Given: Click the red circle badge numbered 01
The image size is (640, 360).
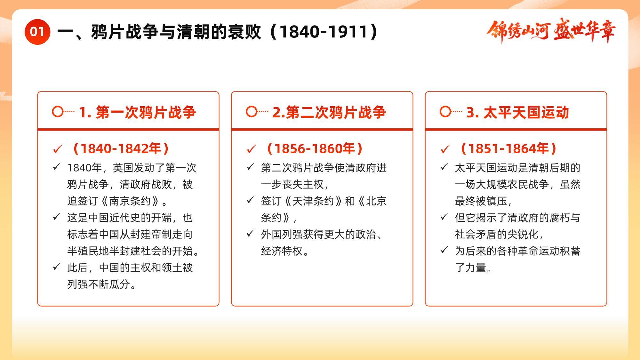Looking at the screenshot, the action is (x=37, y=32).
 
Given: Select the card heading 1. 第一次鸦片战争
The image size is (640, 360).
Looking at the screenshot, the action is (x=137, y=112).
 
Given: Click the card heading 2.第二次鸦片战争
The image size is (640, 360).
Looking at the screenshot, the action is (x=329, y=112).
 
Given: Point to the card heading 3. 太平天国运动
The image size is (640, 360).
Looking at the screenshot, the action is (x=517, y=112).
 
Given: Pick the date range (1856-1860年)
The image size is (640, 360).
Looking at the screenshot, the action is (x=315, y=148).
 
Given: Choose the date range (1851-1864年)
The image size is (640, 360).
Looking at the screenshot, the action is (x=508, y=148).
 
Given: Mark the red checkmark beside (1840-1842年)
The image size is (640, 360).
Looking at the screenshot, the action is (x=58, y=149).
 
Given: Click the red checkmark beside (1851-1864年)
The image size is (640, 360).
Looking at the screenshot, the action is (x=445, y=149).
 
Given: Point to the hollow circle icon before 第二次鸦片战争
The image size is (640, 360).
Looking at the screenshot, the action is (x=252, y=112).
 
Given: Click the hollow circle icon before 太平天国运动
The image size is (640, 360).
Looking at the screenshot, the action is (x=445, y=112).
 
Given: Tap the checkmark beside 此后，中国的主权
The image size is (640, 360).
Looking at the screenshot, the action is (x=56, y=267).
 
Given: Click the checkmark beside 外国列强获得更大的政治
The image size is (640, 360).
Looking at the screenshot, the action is (x=250, y=233).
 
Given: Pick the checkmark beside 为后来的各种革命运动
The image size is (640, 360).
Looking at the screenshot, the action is (x=444, y=250).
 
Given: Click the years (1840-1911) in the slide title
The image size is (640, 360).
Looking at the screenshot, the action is (x=325, y=32).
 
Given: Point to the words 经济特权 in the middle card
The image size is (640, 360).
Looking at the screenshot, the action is (x=282, y=251).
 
